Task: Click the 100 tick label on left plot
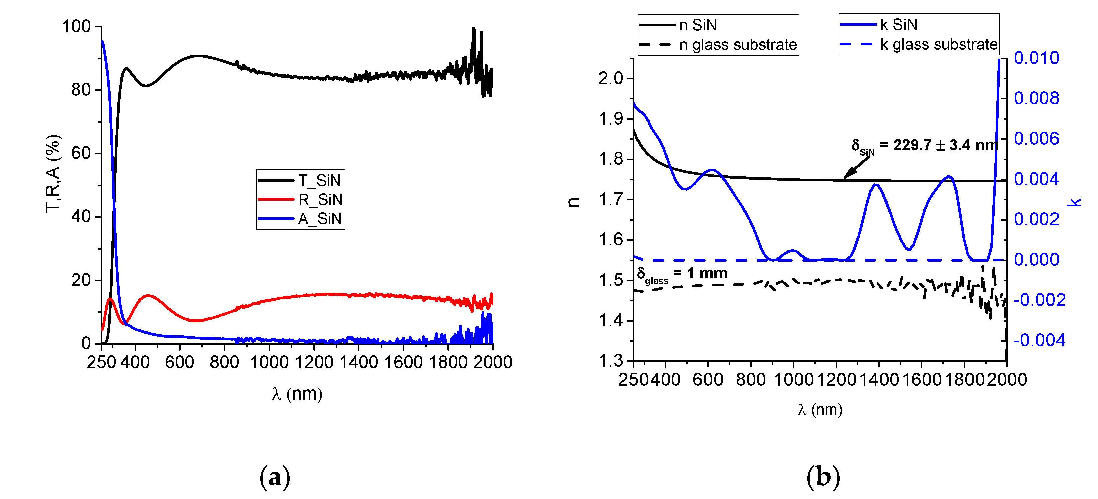pyautogui.click(x=77, y=26)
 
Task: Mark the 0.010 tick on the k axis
pyautogui.click(x=1036, y=58)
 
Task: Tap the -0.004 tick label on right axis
pyautogui.click(x=1039, y=340)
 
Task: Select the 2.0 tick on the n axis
pyautogui.click(x=610, y=78)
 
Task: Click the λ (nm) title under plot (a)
pyautogui.click(x=297, y=393)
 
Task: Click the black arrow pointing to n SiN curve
pyautogui.click(x=857, y=167)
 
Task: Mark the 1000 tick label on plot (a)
pyautogui.click(x=269, y=362)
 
